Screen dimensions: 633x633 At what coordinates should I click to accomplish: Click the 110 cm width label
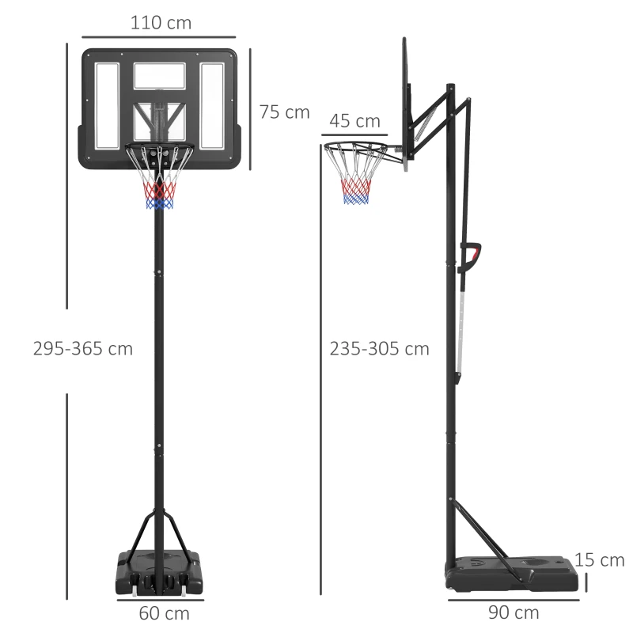(161, 23)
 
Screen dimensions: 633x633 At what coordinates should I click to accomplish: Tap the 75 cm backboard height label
(284, 112)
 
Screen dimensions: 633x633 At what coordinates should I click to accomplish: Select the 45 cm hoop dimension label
(354, 121)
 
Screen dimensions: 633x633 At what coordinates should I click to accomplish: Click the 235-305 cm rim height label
(380, 348)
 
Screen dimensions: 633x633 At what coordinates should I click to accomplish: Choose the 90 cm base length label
(514, 612)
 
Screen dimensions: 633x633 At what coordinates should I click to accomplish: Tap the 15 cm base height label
(600, 560)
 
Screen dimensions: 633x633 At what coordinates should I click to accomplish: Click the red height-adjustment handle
(473, 256)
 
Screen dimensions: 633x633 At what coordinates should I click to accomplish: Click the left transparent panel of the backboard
(107, 105)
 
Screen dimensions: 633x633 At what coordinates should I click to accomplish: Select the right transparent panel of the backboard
(212, 105)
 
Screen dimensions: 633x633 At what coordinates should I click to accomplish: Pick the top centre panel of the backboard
(159, 76)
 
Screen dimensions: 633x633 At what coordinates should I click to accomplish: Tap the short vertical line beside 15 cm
(587, 582)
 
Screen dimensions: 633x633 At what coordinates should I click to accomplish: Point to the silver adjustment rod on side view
(461, 324)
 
